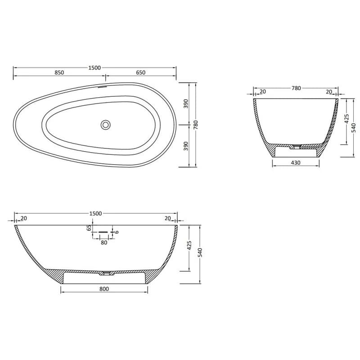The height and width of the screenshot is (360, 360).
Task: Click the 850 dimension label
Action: coord(59,72)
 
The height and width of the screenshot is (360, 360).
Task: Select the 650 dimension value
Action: coord(140,72)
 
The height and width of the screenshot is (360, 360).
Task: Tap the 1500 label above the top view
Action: coord(94,68)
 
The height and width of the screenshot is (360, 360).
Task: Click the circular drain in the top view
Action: coord(105,125)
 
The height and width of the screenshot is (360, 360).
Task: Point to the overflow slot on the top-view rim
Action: coord(103,87)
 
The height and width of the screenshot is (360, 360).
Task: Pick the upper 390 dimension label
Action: coord(186,103)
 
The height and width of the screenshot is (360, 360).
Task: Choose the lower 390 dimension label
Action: coord(186,146)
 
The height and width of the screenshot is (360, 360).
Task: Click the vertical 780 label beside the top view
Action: coord(196,125)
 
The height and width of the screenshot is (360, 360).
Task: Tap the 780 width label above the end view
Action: coord(296,88)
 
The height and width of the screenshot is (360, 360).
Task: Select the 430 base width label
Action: coord(296,163)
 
